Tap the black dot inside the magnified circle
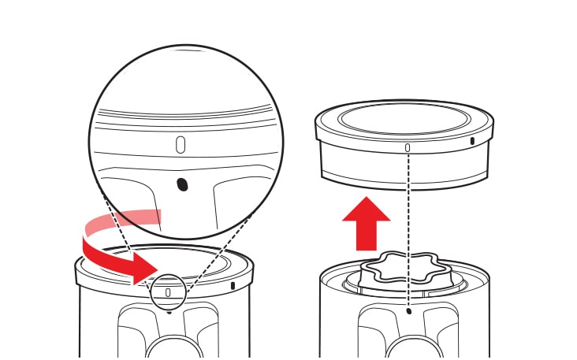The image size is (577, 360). (x=182, y=184)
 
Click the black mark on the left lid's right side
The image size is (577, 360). (x=234, y=284)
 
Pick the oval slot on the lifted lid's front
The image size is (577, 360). (x=408, y=147)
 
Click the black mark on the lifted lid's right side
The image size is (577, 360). (x=472, y=142)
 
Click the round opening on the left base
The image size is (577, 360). (x=168, y=347)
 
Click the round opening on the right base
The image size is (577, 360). (x=408, y=347)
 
